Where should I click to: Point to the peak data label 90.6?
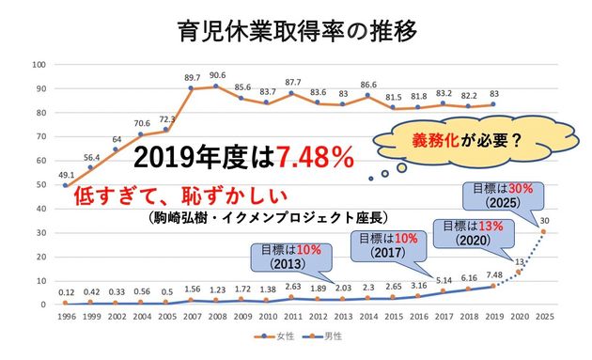click(x=217, y=75)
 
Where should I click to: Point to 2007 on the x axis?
click(x=193, y=317)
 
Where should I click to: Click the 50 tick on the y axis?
click(x=39, y=184)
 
